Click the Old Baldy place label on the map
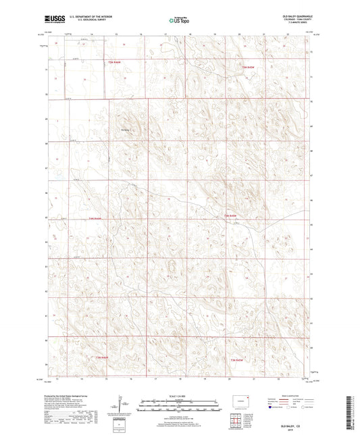point(124,130)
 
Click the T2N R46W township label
point(95,218)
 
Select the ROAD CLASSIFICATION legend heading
point(294,394)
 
